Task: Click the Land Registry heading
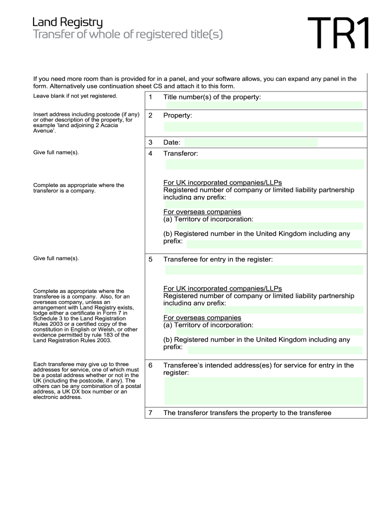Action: pyautogui.click(x=67, y=22)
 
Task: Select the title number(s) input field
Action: pyautogui.click(x=263, y=105)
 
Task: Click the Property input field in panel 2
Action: pyautogui.click(x=263, y=126)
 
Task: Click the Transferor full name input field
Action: pyautogui.click(x=264, y=164)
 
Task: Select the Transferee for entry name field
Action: pyautogui.click(x=264, y=270)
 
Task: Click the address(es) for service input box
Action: pyautogui.click(x=264, y=390)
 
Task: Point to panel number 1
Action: pyautogui.click(x=150, y=97)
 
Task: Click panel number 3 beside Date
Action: pyautogui.click(x=150, y=142)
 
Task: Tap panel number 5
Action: pyautogui.click(x=150, y=259)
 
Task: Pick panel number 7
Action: pyautogui.click(x=150, y=413)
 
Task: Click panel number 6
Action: pyautogui.click(x=150, y=365)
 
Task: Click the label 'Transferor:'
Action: pyautogui.click(x=180, y=153)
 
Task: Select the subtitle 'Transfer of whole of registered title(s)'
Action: pyautogui.click(x=127, y=34)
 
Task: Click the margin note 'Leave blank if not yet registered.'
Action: pyautogui.click(x=75, y=95)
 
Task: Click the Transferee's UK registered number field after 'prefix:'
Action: pyautogui.click(x=275, y=350)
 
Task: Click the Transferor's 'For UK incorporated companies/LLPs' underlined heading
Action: pyautogui.click(x=222, y=182)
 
